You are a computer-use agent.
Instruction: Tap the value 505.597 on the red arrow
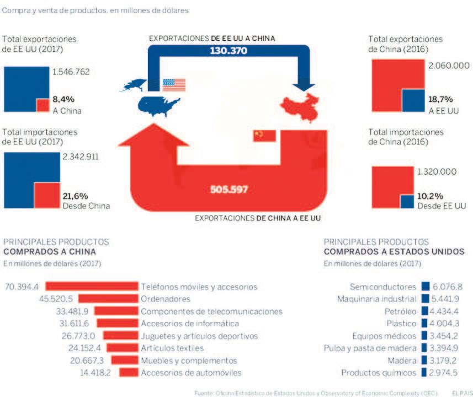pos(229,190)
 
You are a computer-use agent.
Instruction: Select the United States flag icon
pos(174,85)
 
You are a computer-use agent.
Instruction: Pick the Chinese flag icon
pos(264,135)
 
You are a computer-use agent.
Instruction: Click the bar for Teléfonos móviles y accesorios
pos(91,287)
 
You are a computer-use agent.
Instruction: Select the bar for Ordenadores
pos(108,299)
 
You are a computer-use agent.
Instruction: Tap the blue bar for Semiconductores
pos(425,287)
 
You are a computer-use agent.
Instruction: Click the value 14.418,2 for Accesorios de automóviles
pos(95,373)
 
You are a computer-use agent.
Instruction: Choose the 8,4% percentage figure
pos(63,99)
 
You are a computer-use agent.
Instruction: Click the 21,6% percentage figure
pos(75,196)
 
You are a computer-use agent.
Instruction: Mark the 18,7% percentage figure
pos(440,99)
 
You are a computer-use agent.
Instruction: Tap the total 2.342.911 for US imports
pos(81,157)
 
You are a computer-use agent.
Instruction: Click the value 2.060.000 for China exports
pos(449,66)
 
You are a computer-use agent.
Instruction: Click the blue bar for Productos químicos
pos(425,373)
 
